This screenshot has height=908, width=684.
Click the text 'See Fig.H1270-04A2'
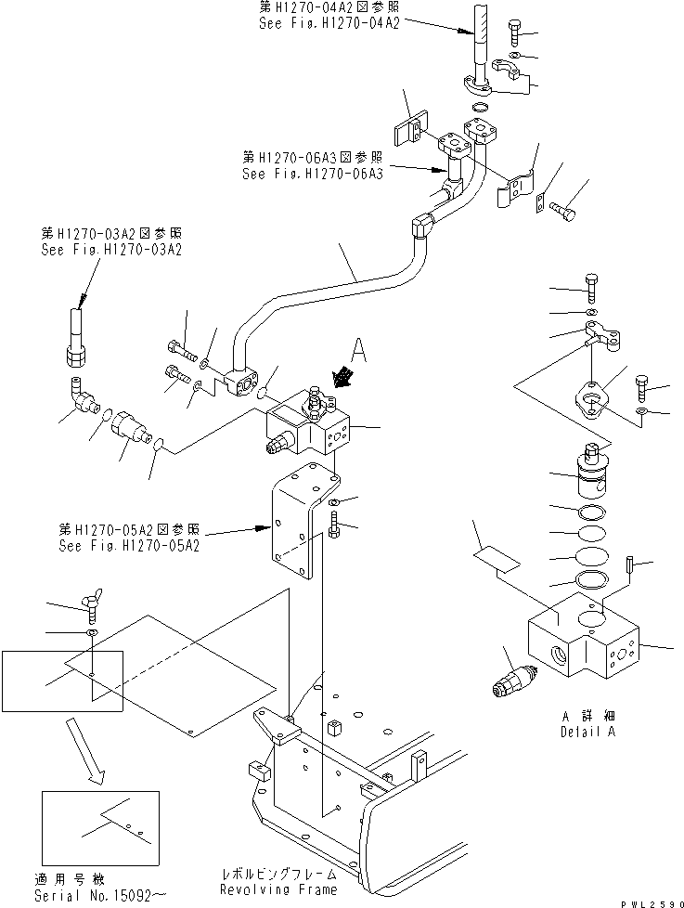coord(329,24)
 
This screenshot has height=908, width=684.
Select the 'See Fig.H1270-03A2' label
coord(110,250)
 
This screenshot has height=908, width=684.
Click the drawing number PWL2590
coord(648,901)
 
